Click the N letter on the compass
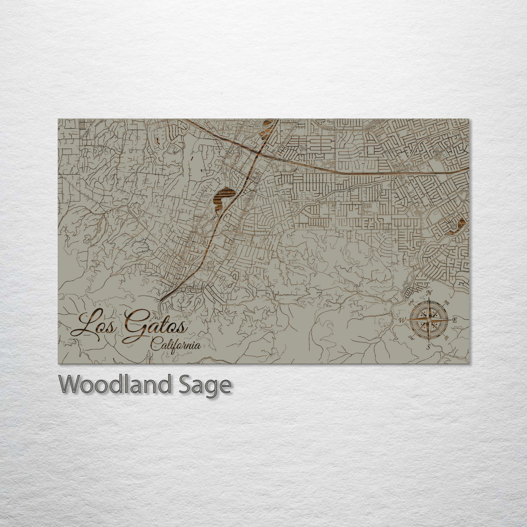(429, 293)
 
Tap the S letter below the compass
(428, 347)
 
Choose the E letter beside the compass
(454, 320)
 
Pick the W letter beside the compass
(402, 321)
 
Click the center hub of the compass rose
(429, 321)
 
